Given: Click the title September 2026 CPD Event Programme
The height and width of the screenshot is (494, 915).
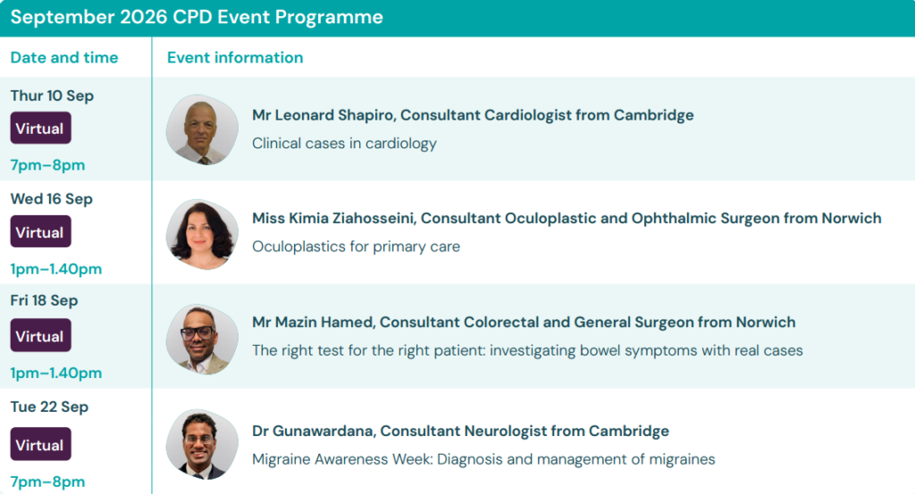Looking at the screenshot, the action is pyautogui.click(x=197, y=18).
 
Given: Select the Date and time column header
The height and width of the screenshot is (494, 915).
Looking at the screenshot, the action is pyautogui.click(x=64, y=57).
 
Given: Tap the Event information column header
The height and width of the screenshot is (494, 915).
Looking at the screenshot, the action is pyautogui.click(x=235, y=57).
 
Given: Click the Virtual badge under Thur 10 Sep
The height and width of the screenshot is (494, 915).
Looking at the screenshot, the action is pyautogui.click(x=40, y=128).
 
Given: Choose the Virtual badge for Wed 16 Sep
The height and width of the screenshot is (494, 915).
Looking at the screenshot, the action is pyautogui.click(x=40, y=231).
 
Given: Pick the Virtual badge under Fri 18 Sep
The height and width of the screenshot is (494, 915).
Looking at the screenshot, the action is pyautogui.click(x=40, y=335).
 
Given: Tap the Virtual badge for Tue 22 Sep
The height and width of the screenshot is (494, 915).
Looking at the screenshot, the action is pyautogui.click(x=40, y=445).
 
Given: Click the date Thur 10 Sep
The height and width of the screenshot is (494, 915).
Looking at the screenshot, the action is pyautogui.click(x=52, y=96).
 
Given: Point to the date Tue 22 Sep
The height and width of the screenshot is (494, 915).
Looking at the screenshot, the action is pyautogui.click(x=50, y=406).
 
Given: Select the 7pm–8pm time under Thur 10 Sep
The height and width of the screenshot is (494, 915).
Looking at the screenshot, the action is pyautogui.click(x=48, y=165).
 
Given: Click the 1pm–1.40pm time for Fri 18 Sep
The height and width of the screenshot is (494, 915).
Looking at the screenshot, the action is pyautogui.click(x=56, y=373).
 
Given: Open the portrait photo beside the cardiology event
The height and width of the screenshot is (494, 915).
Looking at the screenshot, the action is pyautogui.click(x=202, y=130).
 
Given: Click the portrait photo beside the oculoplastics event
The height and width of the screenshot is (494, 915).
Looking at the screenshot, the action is pyautogui.click(x=202, y=234).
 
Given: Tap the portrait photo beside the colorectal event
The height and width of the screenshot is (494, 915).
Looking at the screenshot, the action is pyautogui.click(x=202, y=339).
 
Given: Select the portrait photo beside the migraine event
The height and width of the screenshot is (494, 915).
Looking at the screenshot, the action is pyautogui.click(x=202, y=445).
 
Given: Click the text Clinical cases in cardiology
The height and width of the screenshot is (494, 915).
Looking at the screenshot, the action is pyautogui.click(x=344, y=144).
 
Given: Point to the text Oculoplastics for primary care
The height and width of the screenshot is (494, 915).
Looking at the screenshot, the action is pyautogui.click(x=356, y=247).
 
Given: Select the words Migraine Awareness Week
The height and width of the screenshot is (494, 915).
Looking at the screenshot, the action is pyautogui.click(x=341, y=459).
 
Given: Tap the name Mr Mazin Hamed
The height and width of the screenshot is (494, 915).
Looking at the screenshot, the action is pyautogui.click(x=313, y=322).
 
